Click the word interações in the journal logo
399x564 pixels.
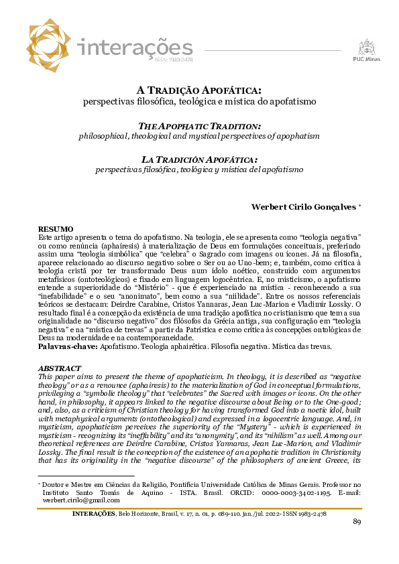(x=135, y=48)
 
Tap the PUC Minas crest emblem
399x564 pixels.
(x=366, y=46)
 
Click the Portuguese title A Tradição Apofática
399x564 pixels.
(x=199, y=90)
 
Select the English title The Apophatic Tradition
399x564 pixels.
(x=199, y=126)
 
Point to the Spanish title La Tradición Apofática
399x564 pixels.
(x=199, y=159)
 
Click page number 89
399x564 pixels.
(x=357, y=522)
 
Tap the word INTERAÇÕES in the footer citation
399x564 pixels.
(x=94, y=513)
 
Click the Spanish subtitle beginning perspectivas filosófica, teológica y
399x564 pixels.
(x=199, y=170)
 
